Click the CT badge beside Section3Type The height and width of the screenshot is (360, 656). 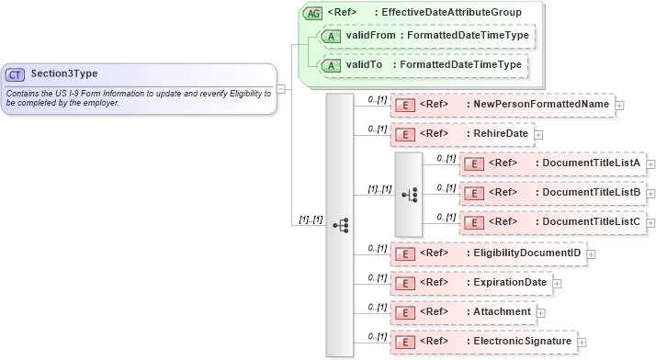pyautogui.click(x=15, y=73)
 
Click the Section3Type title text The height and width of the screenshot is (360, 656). pyautogui.click(x=64, y=73)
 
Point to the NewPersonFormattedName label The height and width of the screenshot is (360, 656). pyautogui.click(x=541, y=104)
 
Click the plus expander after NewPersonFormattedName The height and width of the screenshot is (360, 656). pyautogui.click(x=620, y=105)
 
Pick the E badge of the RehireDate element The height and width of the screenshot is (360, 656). pyautogui.click(x=403, y=134)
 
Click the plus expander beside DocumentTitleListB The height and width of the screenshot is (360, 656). pyautogui.click(x=650, y=194)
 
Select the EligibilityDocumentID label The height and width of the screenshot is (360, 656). pyautogui.click(x=527, y=252)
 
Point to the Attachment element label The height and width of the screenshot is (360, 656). pyautogui.click(x=502, y=311)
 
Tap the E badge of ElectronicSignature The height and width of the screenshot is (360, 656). pyautogui.click(x=403, y=342)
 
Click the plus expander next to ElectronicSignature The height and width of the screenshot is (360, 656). pyautogui.click(x=582, y=343)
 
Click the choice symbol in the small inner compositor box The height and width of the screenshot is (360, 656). pyautogui.click(x=409, y=194)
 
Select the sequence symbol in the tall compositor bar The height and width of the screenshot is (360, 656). pyautogui.click(x=340, y=223)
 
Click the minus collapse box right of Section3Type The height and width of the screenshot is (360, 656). pyautogui.click(x=280, y=89)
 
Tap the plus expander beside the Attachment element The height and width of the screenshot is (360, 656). pyautogui.click(x=542, y=312)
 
